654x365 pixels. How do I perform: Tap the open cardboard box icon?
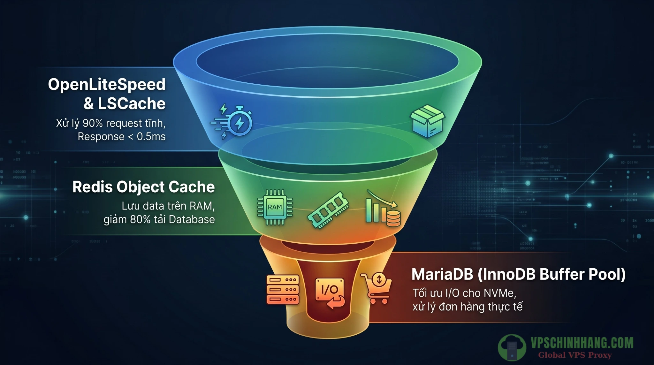[x=427, y=121]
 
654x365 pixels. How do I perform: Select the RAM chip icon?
[x=275, y=207]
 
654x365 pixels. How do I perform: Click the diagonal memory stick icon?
[x=328, y=210]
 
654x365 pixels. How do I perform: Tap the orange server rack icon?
[x=283, y=290]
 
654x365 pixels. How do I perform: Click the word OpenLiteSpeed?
[x=107, y=85]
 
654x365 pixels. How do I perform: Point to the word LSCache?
[x=131, y=104]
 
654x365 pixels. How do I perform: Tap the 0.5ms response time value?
[x=151, y=137]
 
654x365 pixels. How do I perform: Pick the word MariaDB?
[x=442, y=274]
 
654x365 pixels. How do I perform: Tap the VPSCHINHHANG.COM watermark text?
[x=582, y=343]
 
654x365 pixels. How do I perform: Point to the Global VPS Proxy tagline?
[x=575, y=355]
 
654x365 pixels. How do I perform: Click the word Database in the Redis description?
[x=192, y=220]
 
